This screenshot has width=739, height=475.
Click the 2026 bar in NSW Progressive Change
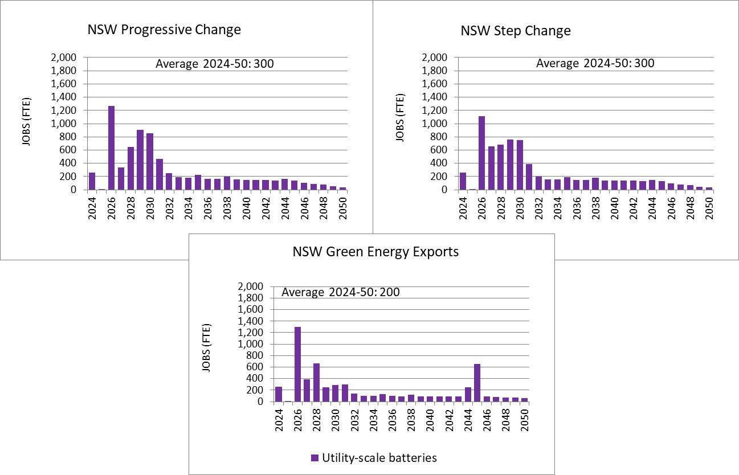click(x=111, y=148)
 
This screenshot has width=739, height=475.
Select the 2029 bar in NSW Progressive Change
click(x=140, y=160)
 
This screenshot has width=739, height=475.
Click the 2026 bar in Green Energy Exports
click(x=297, y=364)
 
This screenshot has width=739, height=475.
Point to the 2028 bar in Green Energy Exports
click(x=316, y=382)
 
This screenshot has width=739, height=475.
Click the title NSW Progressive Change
click(x=164, y=30)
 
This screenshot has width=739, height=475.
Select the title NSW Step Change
click(x=515, y=31)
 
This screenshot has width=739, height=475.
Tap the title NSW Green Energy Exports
click(x=375, y=251)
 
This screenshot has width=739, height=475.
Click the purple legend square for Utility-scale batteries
click(x=315, y=458)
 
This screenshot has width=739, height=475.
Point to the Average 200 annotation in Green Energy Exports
click(x=341, y=292)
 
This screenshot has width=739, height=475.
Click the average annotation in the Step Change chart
click(x=595, y=63)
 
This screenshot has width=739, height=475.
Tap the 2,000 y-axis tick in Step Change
click(x=435, y=58)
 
